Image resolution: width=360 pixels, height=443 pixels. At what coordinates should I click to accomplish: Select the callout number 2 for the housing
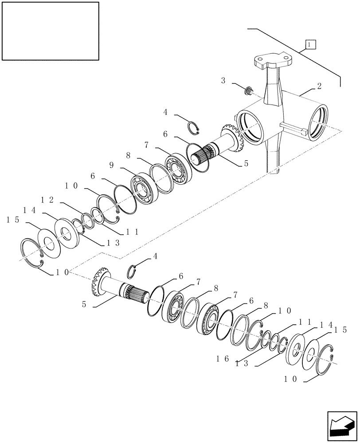tap(319, 86)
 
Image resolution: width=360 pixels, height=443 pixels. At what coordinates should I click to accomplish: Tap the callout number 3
tap(223, 81)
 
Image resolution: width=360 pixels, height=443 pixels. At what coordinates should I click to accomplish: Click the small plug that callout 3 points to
tap(250, 91)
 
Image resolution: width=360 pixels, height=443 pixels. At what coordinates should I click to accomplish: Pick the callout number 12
tap(47, 200)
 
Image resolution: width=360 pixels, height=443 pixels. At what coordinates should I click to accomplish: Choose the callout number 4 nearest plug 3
tap(165, 113)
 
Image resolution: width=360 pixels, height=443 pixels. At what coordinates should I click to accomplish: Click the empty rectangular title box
tap(51, 31)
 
